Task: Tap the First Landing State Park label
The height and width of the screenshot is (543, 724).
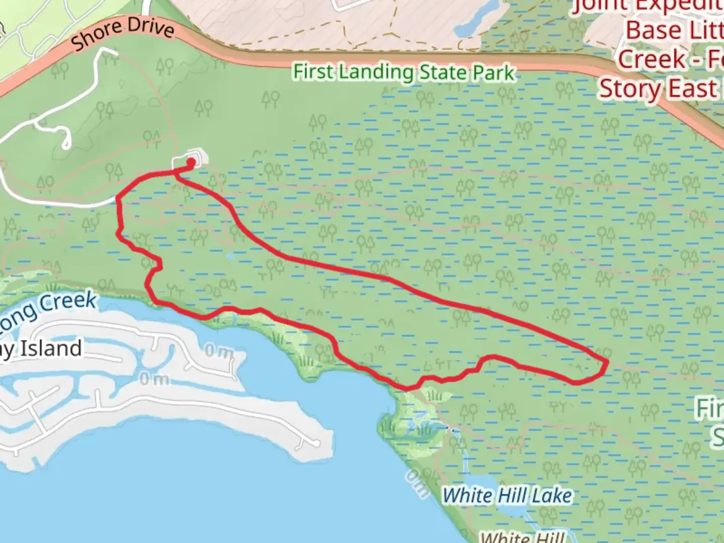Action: coord(404,72)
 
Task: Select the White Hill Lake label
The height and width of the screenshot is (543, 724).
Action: coord(507,496)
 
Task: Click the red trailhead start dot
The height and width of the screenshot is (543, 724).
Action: coord(192,162)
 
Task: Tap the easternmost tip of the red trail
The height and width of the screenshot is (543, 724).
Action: coord(607,361)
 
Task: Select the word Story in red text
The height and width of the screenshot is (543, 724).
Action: coord(629,89)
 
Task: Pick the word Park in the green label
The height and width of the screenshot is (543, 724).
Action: coord(494,73)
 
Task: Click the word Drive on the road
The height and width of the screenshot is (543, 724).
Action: coord(150,27)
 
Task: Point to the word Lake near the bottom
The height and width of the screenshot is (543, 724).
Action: coord(552,496)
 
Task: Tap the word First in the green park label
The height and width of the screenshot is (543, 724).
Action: coord(314,71)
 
